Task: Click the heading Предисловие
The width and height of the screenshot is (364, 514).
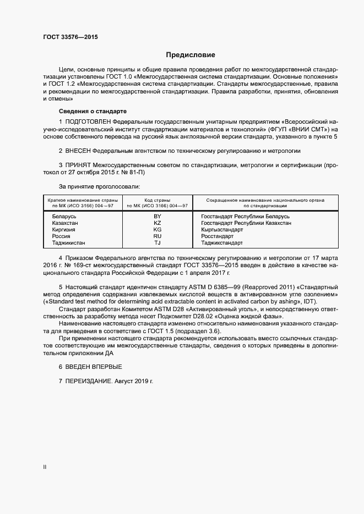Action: click(x=191, y=55)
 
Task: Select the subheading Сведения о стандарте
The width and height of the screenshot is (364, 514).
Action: click(x=85, y=111)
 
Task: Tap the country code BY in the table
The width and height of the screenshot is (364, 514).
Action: click(x=157, y=217)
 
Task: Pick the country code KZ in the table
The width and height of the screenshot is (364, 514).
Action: click(x=157, y=223)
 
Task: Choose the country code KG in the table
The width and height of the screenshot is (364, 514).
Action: click(x=157, y=230)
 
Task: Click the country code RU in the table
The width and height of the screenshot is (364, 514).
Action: click(x=157, y=236)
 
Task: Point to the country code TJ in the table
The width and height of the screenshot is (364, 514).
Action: click(x=157, y=242)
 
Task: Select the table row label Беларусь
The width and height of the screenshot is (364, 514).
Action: click(x=64, y=217)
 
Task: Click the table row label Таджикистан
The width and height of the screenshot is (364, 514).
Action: click(x=69, y=242)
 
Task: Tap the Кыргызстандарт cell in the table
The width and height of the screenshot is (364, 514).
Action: click(x=222, y=230)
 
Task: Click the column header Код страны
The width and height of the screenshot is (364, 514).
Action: click(x=157, y=200)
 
